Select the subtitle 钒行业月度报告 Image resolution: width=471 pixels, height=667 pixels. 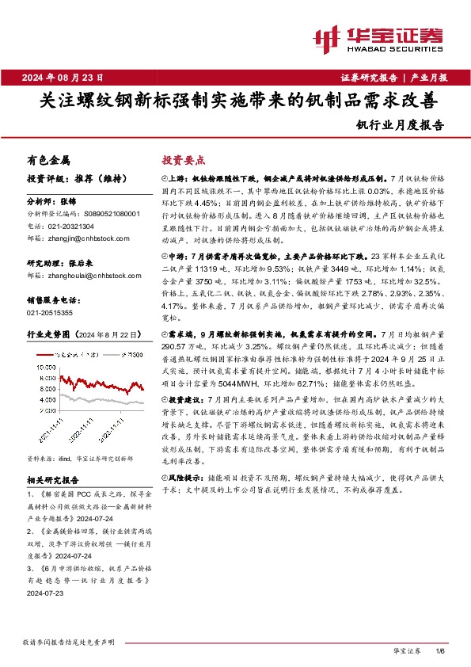tap(400, 124)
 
